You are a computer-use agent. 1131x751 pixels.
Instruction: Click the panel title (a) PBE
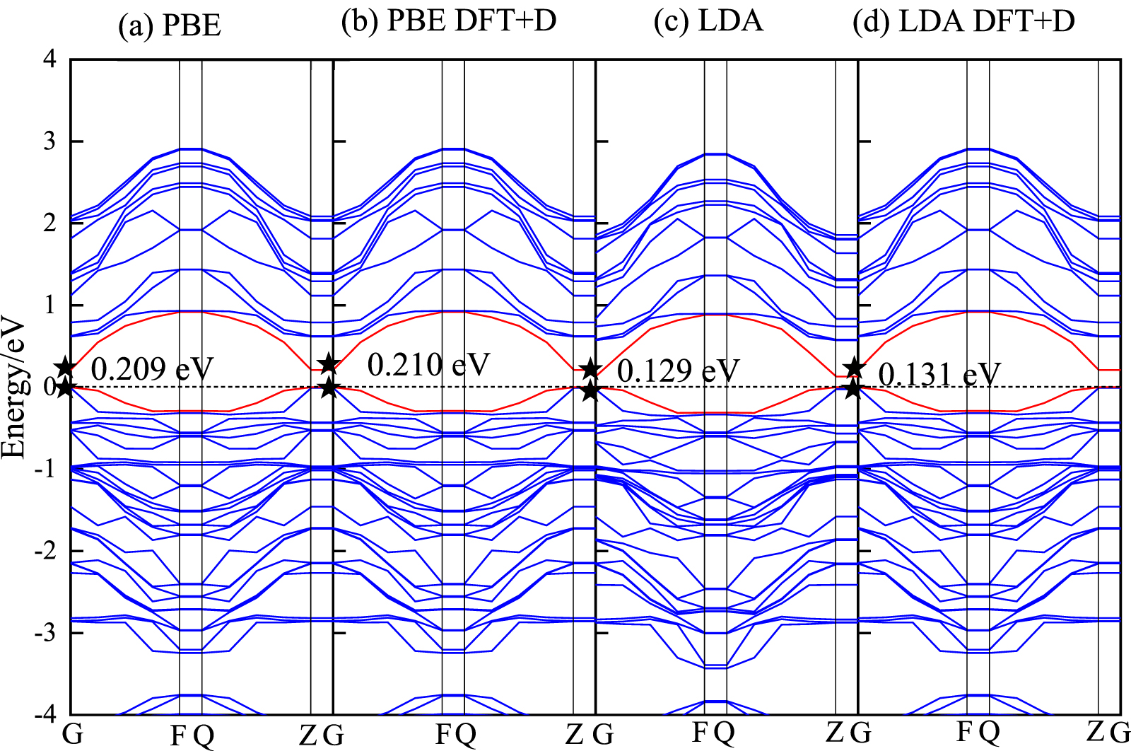click(170, 26)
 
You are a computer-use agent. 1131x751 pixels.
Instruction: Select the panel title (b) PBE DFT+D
click(449, 21)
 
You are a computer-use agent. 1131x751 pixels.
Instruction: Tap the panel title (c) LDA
click(709, 21)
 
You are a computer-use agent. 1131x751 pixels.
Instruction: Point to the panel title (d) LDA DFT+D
click(964, 21)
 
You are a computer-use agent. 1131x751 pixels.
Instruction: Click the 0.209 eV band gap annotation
click(152, 369)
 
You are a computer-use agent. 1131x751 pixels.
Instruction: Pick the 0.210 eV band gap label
click(428, 365)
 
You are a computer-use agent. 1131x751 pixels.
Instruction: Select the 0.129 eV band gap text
click(678, 371)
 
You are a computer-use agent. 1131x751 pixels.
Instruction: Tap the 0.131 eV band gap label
click(939, 374)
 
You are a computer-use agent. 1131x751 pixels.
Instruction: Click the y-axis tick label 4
click(49, 59)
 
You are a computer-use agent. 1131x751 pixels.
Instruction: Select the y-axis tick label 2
click(49, 223)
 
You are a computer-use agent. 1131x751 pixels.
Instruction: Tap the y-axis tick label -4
click(45, 715)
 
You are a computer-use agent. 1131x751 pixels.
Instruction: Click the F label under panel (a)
click(178, 736)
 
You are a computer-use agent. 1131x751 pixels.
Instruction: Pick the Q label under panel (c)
click(724, 733)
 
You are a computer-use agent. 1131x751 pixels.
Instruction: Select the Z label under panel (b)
click(574, 735)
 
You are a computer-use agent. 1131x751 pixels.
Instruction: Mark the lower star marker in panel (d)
click(854, 388)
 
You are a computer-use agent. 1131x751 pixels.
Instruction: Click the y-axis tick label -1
click(45, 469)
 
